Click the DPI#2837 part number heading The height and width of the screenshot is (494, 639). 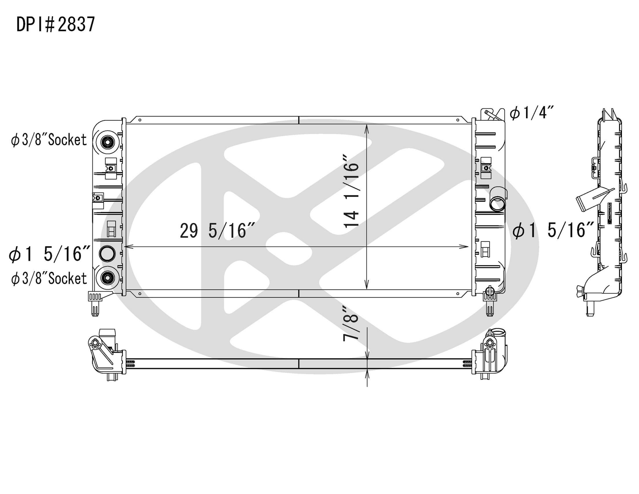point(56,24)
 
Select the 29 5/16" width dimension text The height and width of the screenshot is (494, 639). point(218,231)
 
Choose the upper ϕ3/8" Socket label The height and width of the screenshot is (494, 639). point(49,140)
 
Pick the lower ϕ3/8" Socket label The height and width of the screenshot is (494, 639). point(49,279)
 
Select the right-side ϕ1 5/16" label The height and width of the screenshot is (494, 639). point(553,230)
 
